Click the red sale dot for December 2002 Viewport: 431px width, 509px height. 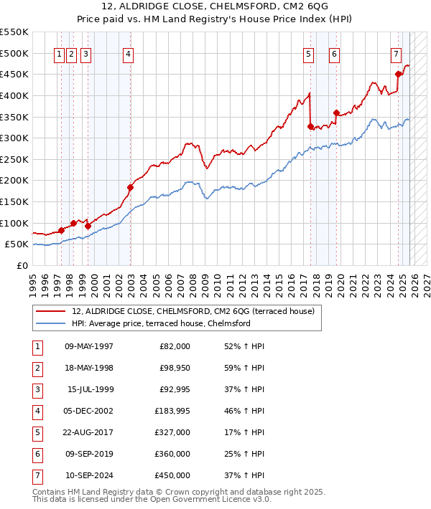130,188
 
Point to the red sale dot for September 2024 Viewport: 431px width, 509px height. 398,74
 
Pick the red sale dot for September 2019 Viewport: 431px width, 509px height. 336,113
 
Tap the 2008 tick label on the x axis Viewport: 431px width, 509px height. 192,280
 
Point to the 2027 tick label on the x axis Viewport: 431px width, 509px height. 425,280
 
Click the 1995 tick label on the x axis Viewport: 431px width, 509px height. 33,280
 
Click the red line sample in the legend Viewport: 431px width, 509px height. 50,311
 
